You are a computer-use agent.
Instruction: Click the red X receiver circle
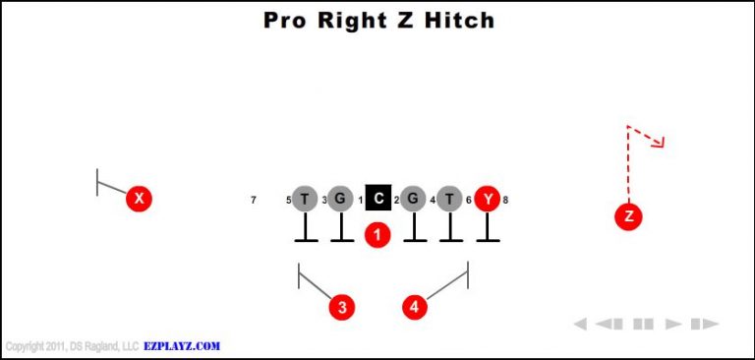140,199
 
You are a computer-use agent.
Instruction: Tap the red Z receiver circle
628,216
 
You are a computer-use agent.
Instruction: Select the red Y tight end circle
487,199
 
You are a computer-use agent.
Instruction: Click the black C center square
378,199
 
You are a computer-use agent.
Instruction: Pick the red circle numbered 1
377,235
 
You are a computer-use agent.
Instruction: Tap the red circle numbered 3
341,307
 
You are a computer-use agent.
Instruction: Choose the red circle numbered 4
415,307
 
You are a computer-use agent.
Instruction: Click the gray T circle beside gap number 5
305,199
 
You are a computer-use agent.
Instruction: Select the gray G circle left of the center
340,199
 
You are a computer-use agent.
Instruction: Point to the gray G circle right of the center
413,199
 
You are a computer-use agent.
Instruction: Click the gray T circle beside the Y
449,199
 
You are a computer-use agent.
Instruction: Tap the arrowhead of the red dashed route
660,142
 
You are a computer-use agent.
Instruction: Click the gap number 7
254,200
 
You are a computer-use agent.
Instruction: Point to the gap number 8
505,200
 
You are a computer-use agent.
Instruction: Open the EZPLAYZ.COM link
182,346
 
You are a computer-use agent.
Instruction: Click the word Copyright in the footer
26,346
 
